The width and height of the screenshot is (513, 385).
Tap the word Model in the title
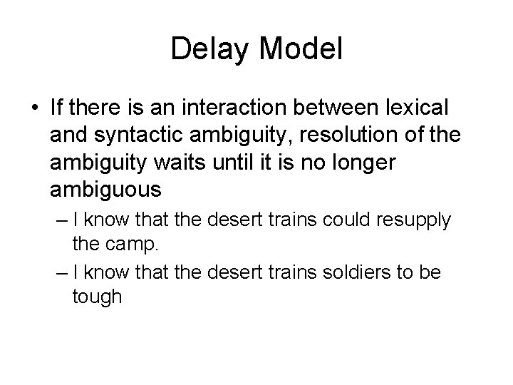(302, 50)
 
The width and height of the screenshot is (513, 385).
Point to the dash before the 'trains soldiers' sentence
(58, 272)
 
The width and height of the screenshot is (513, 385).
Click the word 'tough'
(97, 297)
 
